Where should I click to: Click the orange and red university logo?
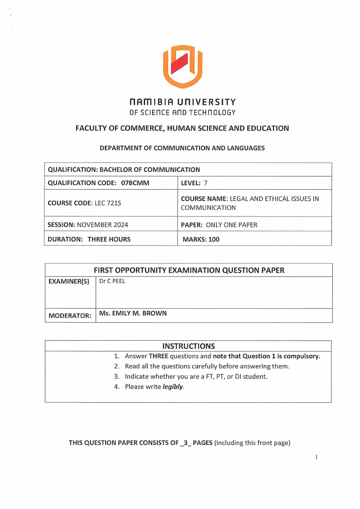click(182, 66)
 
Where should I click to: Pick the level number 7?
click(205, 183)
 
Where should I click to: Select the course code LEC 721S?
click(107, 203)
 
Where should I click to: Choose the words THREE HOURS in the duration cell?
click(109, 239)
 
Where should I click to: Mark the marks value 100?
click(214, 239)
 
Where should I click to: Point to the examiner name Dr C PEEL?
click(112, 281)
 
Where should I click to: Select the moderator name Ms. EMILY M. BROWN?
click(133, 313)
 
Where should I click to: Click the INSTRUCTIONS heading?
click(188, 347)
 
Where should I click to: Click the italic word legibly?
click(173, 387)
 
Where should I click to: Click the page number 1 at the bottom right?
click(316, 457)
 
